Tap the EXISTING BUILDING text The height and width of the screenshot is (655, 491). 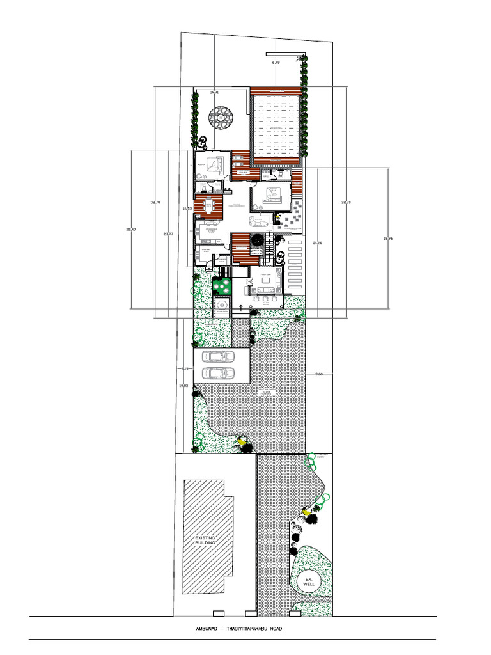point(205,541)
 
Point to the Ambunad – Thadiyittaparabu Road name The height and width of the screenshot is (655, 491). point(238,629)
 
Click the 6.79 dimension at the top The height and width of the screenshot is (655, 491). point(276,63)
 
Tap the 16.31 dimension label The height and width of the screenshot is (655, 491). point(215,92)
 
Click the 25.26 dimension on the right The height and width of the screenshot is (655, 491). point(318,243)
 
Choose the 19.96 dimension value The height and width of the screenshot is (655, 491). point(388,238)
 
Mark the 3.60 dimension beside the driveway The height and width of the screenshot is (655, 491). point(319,374)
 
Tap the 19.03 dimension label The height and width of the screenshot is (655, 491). point(183,386)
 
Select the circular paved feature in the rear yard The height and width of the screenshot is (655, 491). point(221,118)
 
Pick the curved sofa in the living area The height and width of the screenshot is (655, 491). point(260,223)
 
